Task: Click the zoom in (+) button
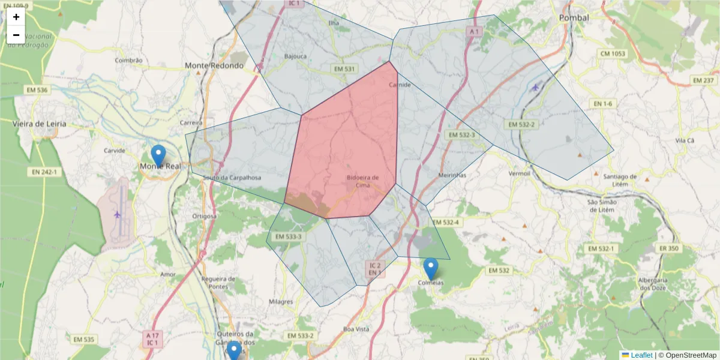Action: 16,17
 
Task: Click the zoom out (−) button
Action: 16,35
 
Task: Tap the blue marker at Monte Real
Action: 158,155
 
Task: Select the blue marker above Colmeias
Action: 430,268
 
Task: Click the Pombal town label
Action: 574,18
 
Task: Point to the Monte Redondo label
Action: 214,65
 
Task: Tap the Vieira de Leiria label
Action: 40,124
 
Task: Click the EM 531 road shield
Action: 344,69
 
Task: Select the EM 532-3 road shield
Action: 461,135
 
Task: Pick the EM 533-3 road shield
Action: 288,236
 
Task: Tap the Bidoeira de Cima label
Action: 362,181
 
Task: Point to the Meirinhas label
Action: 452,175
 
